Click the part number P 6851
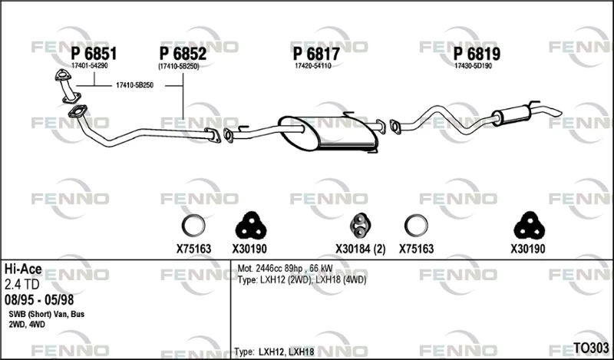[94, 54]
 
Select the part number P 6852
[183, 54]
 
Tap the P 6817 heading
[316, 54]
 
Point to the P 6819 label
[477, 54]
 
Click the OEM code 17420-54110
[313, 66]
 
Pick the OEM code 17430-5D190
[473, 66]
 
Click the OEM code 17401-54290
[89, 66]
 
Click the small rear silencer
[511, 115]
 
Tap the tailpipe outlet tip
[558, 113]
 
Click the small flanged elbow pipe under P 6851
[68, 87]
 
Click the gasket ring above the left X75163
[193, 226]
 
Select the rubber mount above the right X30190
[529, 226]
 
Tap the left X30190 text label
[249, 249]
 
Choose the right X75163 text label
[416, 249]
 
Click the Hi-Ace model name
[23, 269]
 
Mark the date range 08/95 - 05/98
[39, 300]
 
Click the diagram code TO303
[591, 348]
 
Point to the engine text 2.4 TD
[22, 285]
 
